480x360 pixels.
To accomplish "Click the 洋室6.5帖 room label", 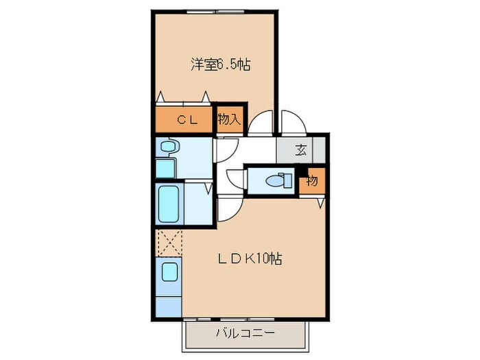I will tap(219, 66).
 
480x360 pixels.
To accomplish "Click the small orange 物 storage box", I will tap(312, 180).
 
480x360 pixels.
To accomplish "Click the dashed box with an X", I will tap(168, 242).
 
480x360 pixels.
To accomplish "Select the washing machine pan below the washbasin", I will tap(166, 167).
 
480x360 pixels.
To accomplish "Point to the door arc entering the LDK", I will tap(229, 208).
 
